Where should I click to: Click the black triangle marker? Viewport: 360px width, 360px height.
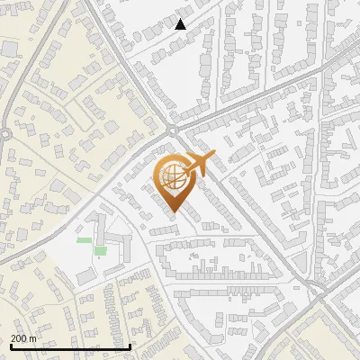tap(181, 24)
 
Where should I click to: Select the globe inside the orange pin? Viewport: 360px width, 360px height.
tap(174, 179)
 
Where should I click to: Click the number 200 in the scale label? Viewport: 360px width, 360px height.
tap(19, 338)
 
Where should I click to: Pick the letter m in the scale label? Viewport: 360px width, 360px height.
tap(33, 338)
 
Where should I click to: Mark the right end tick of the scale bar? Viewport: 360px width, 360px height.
tap(131, 346)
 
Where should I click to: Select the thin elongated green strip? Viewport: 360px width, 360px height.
tap(84, 240)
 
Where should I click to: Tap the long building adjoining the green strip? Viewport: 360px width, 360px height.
tap(99, 230)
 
